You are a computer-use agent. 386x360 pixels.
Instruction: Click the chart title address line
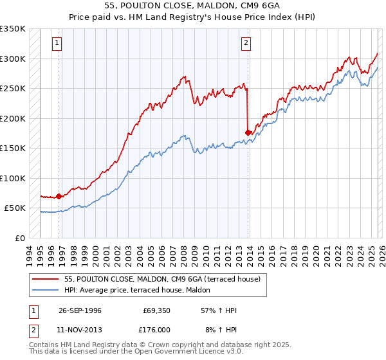coord(192,6)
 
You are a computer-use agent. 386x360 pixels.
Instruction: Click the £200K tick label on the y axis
coord(13,118)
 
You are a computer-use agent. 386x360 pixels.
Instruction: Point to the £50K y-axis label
coord(15,208)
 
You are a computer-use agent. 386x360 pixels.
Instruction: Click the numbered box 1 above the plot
coord(57,43)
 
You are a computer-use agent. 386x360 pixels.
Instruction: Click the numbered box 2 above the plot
coord(246,43)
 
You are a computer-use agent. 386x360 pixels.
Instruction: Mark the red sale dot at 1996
coord(59,196)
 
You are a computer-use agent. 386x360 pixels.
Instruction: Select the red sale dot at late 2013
coord(248,132)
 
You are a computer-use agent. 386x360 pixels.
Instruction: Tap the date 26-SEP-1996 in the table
coord(80,310)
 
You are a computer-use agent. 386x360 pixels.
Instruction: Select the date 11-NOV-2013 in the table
coord(80,330)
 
